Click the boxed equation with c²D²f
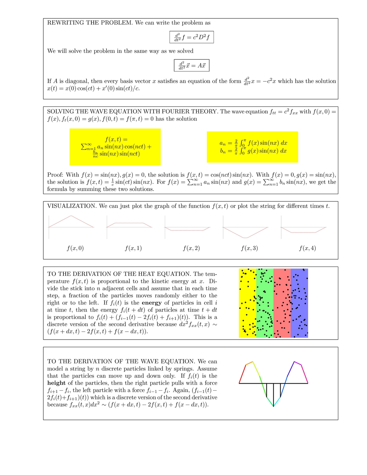coord(192,37)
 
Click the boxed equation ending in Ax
coord(192,65)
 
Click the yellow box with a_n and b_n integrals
coord(252,147)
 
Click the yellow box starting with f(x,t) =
coord(115,147)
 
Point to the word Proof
coord(55,175)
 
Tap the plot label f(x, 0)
coord(75,248)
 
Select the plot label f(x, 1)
coord(133,248)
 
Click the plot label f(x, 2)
coord(191,248)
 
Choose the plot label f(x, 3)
coord(249,248)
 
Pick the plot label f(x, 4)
coord(307,248)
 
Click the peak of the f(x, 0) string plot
coord(71,216)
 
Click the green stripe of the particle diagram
coord(265,303)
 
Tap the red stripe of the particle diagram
coord(282,303)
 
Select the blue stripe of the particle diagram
coord(299,303)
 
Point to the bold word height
coord(56,383)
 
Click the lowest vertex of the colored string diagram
coord(273,406)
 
